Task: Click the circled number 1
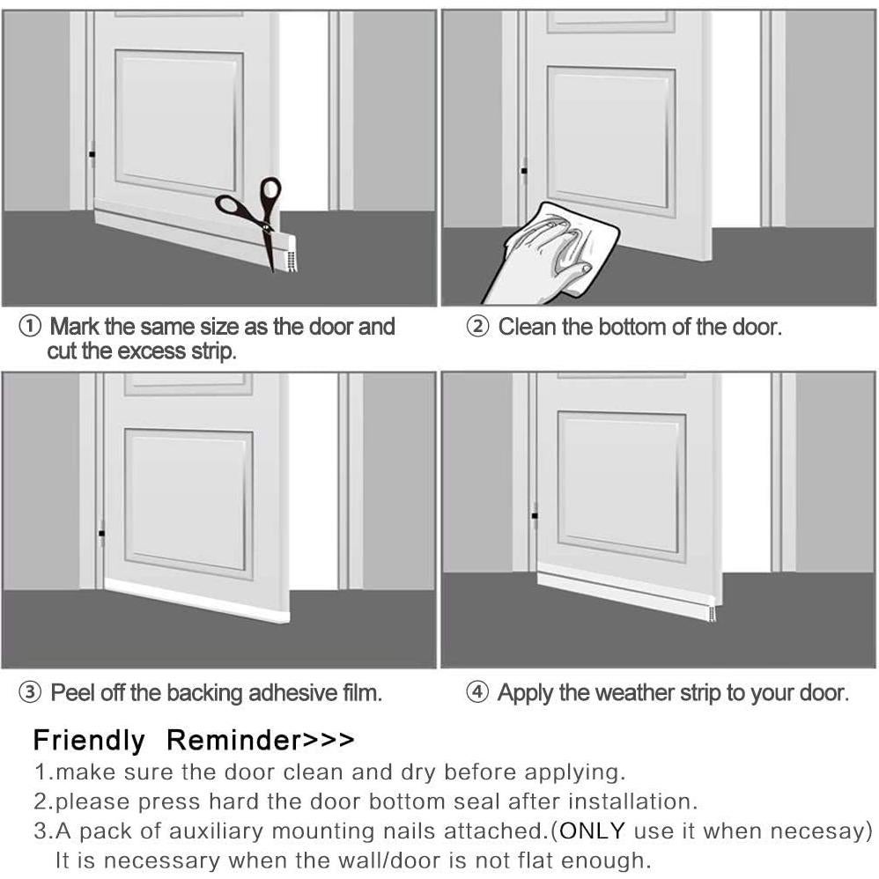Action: [30, 328]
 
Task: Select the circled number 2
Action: [477, 328]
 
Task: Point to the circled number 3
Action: [30, 693]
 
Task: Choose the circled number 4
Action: [477, 693]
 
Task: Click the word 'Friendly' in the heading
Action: [88, 740]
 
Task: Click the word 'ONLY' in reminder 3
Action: [593, 831]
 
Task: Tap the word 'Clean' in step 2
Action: [527, 328]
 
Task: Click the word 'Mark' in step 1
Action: [74, 328]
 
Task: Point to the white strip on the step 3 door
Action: [194, 602]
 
